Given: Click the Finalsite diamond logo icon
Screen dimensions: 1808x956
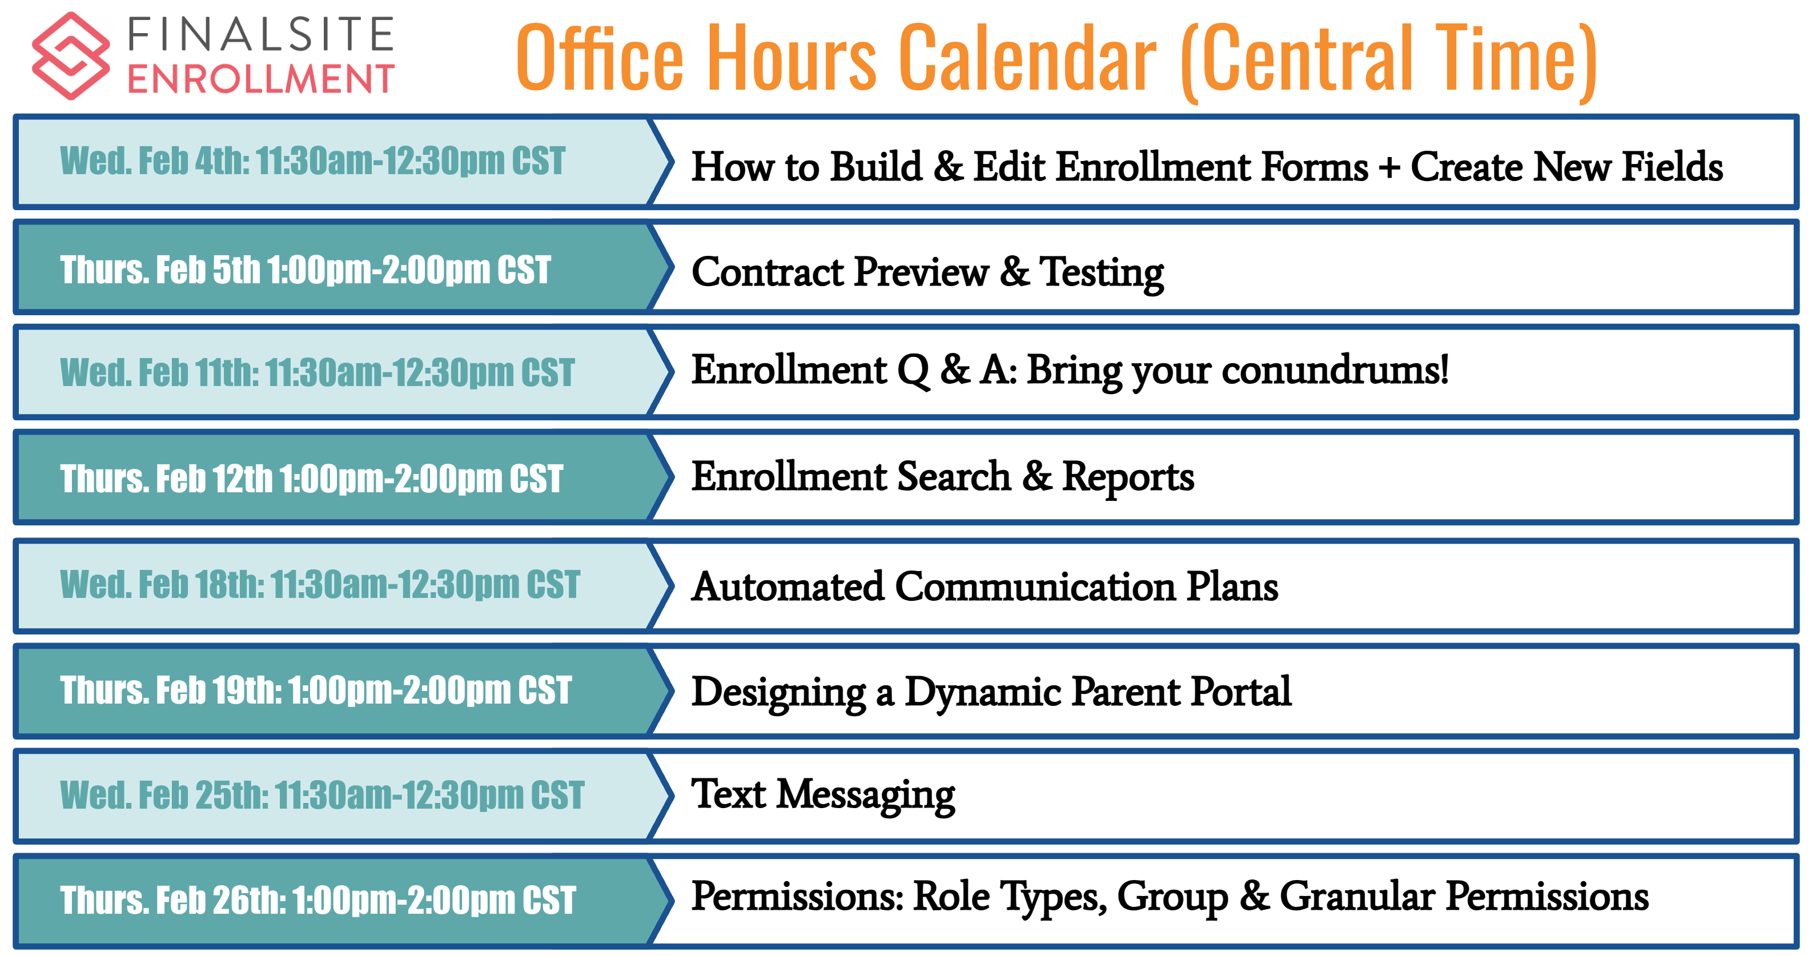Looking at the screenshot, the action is (x=71, y=55).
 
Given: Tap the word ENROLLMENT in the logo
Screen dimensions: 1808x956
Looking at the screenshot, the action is (x=260, y=79).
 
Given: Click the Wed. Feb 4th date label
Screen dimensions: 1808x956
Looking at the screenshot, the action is (x=312, y=160).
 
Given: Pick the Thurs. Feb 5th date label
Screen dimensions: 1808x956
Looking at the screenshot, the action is (x=306, y=270).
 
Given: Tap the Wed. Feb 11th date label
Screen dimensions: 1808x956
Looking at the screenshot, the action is (x=318, y=372).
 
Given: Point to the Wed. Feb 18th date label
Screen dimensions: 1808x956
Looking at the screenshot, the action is (x=320, y=584).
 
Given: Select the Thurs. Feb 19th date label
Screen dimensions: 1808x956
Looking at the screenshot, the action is (x=316, y=690).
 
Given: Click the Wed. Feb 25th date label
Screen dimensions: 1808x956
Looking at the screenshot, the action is (x=322, y=794).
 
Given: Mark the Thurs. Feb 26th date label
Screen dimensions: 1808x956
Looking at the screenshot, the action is (x=318, y=900).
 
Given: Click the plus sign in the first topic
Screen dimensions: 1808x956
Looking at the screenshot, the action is (x=1389, y=168).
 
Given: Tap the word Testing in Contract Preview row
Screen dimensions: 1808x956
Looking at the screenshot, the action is (x=1102, y=272).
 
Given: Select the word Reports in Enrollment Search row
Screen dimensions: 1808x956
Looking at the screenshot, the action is (x=1128, y=477).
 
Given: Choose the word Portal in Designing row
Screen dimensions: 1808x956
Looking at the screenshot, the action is (x=1241, y=692).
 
